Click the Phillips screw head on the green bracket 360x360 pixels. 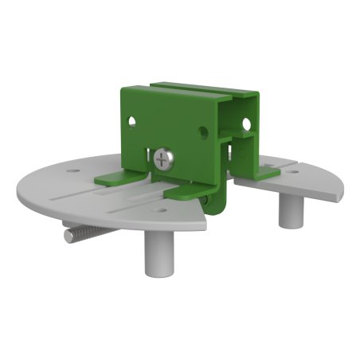coord(165,159)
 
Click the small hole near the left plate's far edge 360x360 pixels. coord(74,170)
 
